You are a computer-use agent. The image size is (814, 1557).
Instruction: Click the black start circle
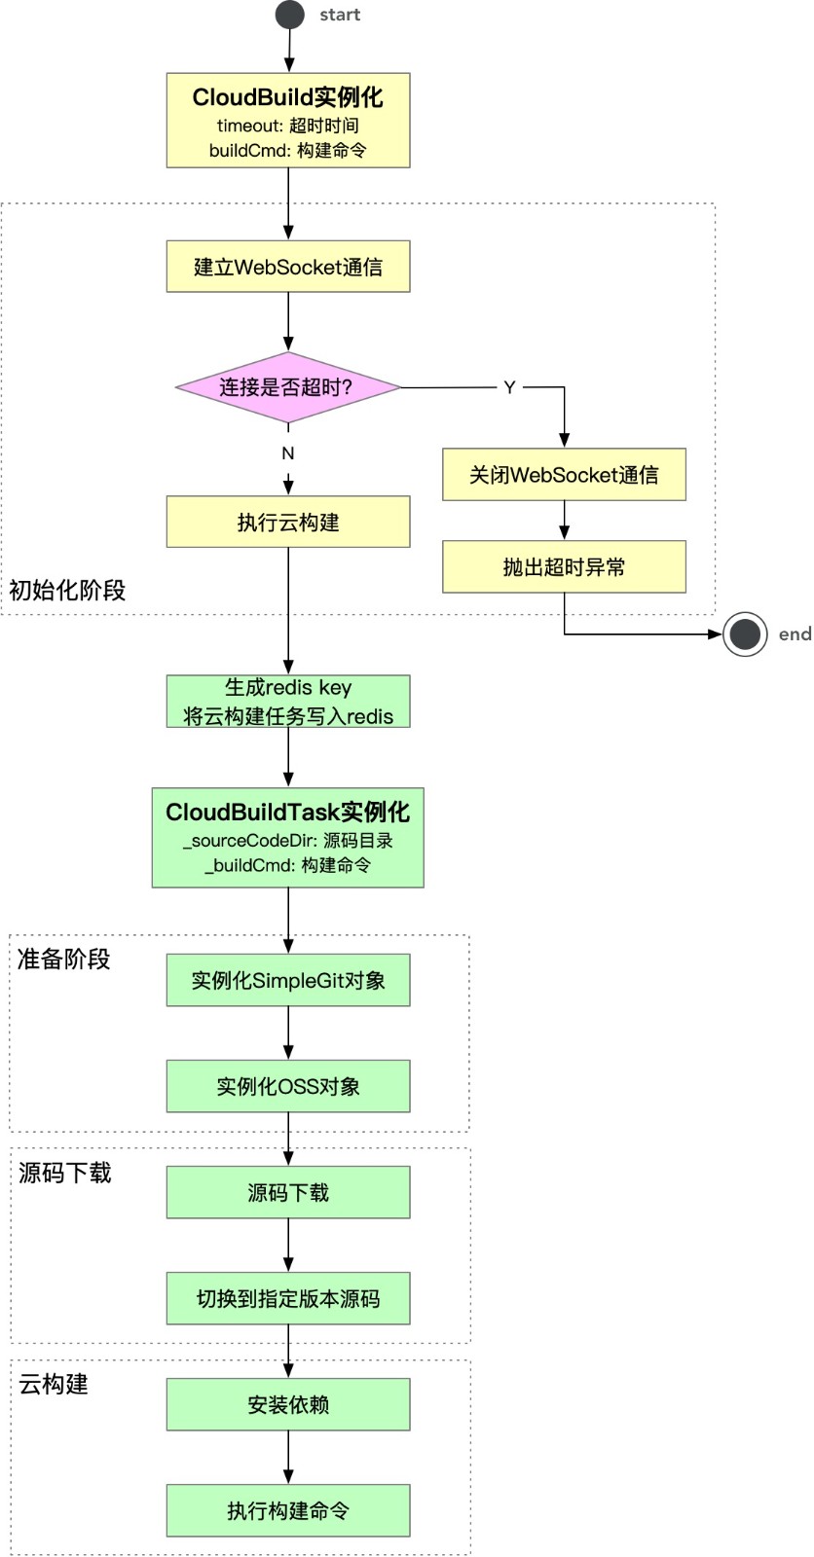coord(289,15)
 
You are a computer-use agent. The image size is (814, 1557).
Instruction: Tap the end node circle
coord(745,634)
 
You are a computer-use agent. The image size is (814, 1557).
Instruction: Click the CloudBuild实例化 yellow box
coord(288,121)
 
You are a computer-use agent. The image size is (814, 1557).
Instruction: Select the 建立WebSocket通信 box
coord(288,267)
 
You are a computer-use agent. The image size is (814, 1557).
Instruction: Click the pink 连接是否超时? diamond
coord(288,387)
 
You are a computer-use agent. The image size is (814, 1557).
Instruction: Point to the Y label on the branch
coord(509,387)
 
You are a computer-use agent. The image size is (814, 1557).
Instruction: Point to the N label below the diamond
coord(288,453)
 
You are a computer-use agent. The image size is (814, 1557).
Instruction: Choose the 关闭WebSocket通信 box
coord(564,475)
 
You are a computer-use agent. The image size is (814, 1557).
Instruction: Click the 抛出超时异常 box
coord(564,567)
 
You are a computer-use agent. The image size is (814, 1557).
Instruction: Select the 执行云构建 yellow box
coord(288,522)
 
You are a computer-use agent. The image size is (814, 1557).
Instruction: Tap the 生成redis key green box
coord(288,702)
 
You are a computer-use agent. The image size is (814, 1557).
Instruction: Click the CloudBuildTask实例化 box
coord(288,838)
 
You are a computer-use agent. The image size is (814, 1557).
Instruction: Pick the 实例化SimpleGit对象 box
coord(288,980)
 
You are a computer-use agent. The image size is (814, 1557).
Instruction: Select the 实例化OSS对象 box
coord(288,1086)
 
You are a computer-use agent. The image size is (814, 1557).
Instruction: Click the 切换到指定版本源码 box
coord(288,1298)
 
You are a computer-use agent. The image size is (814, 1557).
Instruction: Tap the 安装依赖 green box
coord(288,1404)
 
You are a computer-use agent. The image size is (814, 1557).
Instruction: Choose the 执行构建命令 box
coord(288,1510)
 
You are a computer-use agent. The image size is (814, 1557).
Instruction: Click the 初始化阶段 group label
coord(67,590)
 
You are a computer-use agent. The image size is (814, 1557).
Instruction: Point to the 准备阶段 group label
coord(64,960)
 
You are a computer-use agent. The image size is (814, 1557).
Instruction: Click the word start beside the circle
coord(340,15)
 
